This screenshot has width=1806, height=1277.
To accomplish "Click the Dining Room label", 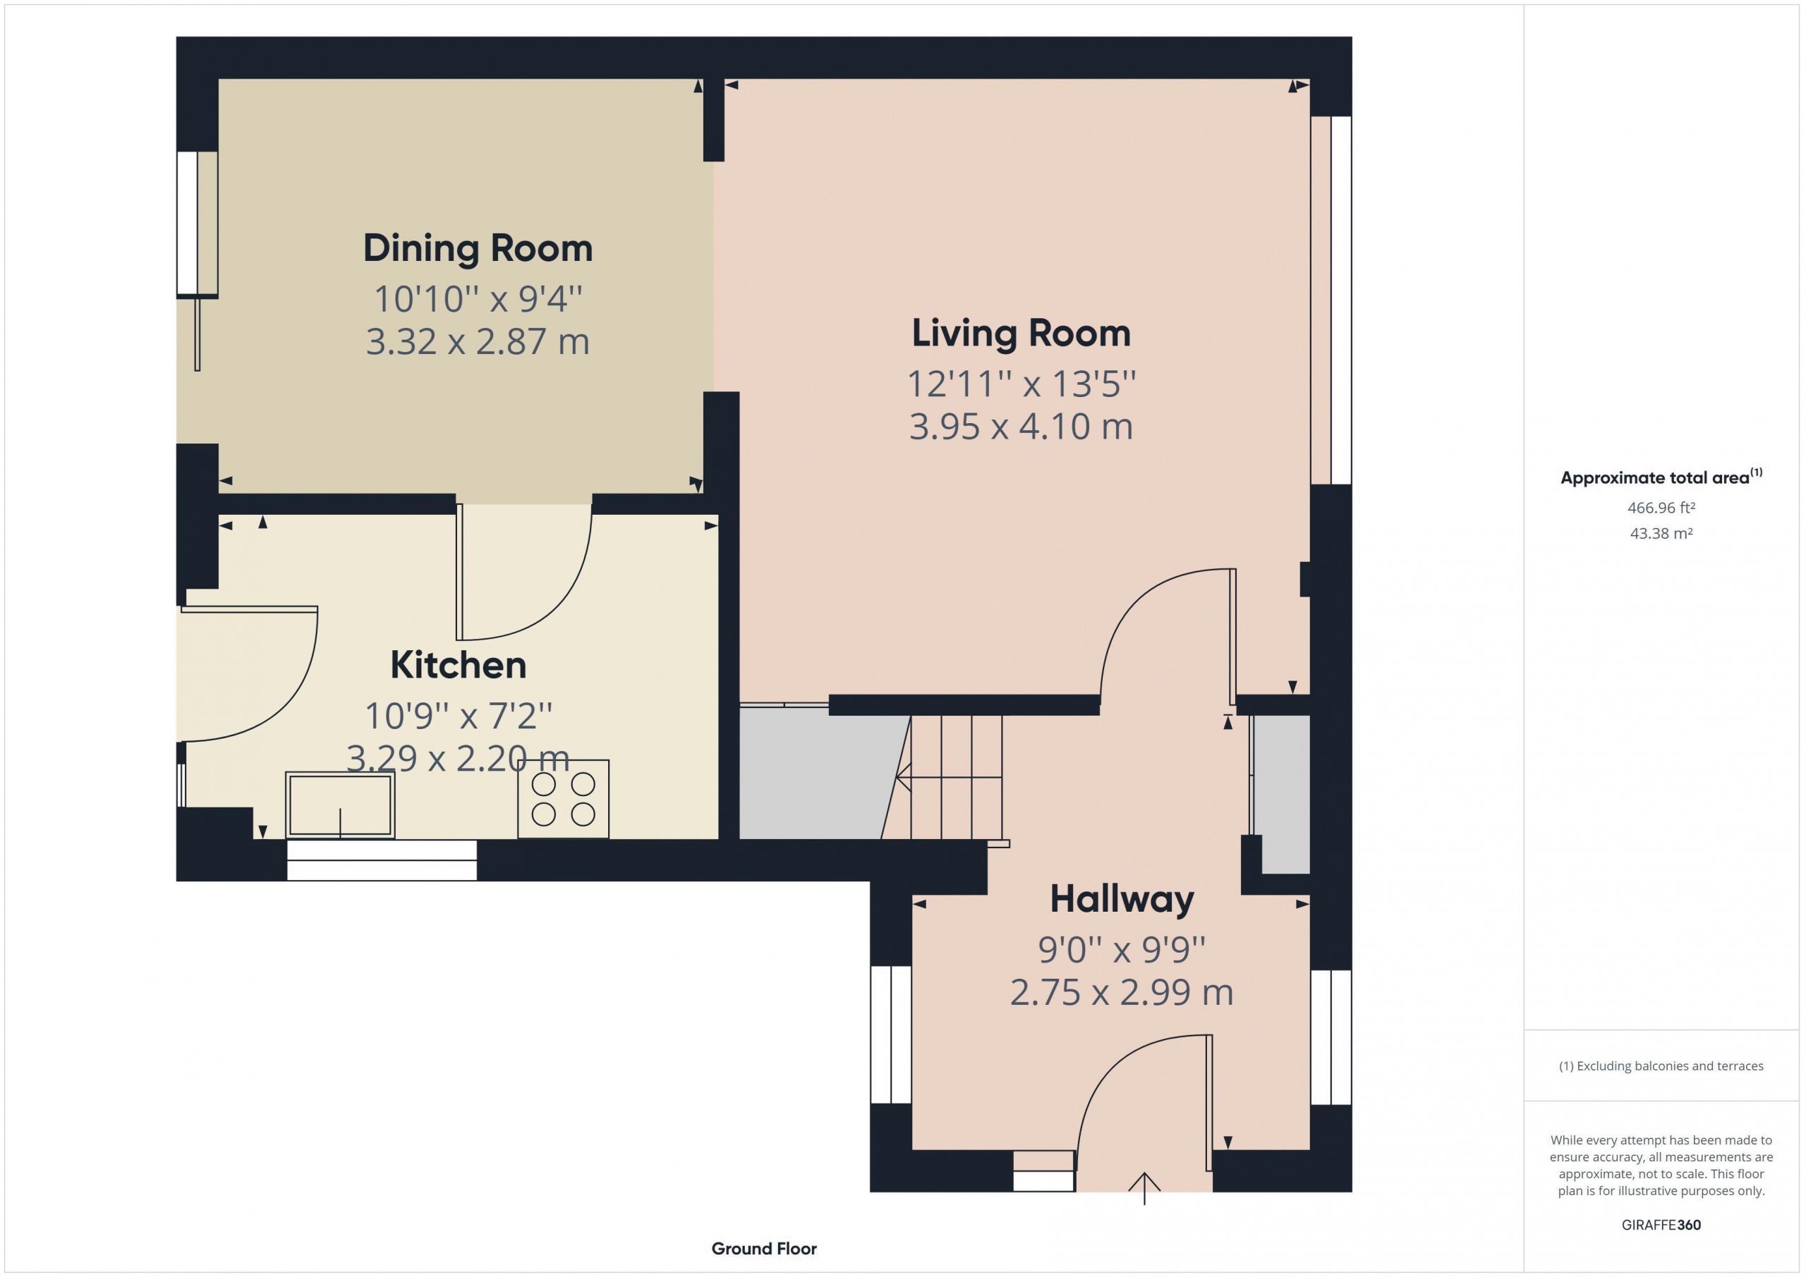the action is [478, 248].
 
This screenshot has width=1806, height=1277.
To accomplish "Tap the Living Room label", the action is [1021, 334].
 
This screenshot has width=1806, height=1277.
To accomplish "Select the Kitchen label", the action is [459, 665].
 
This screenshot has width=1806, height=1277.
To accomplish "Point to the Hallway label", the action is [1122, 900].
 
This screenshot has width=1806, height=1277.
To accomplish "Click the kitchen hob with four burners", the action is [563, 799].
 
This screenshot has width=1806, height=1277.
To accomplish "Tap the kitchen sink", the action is [340, 805].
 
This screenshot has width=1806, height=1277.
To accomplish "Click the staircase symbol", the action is [950, 778].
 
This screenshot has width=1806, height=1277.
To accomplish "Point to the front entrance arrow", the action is [1144, 1189].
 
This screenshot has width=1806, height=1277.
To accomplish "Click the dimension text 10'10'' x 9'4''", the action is [478, 300].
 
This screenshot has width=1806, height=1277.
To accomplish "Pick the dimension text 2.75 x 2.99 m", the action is [1122, 993].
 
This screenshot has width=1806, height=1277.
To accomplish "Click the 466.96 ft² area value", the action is [1661, 508].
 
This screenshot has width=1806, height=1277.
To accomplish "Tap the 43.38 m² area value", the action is [1661, 533].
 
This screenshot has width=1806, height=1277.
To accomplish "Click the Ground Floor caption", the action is [764, 1249].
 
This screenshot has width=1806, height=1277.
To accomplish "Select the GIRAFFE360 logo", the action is [1661, 1225].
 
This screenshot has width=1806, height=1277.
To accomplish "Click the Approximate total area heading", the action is [1661, 477].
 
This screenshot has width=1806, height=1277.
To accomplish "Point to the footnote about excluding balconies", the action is [1661, 1066].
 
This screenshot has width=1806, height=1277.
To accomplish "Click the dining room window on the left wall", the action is [197, 224].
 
